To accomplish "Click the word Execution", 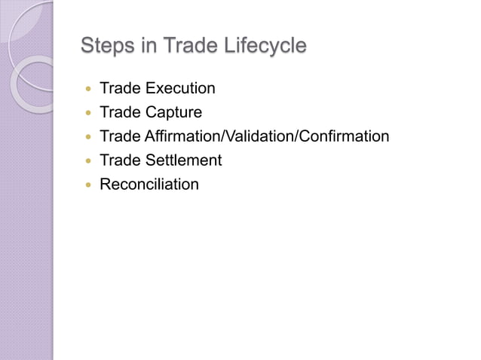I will coord(180,89).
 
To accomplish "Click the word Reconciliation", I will coord(149,185).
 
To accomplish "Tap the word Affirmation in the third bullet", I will coord(180,136).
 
